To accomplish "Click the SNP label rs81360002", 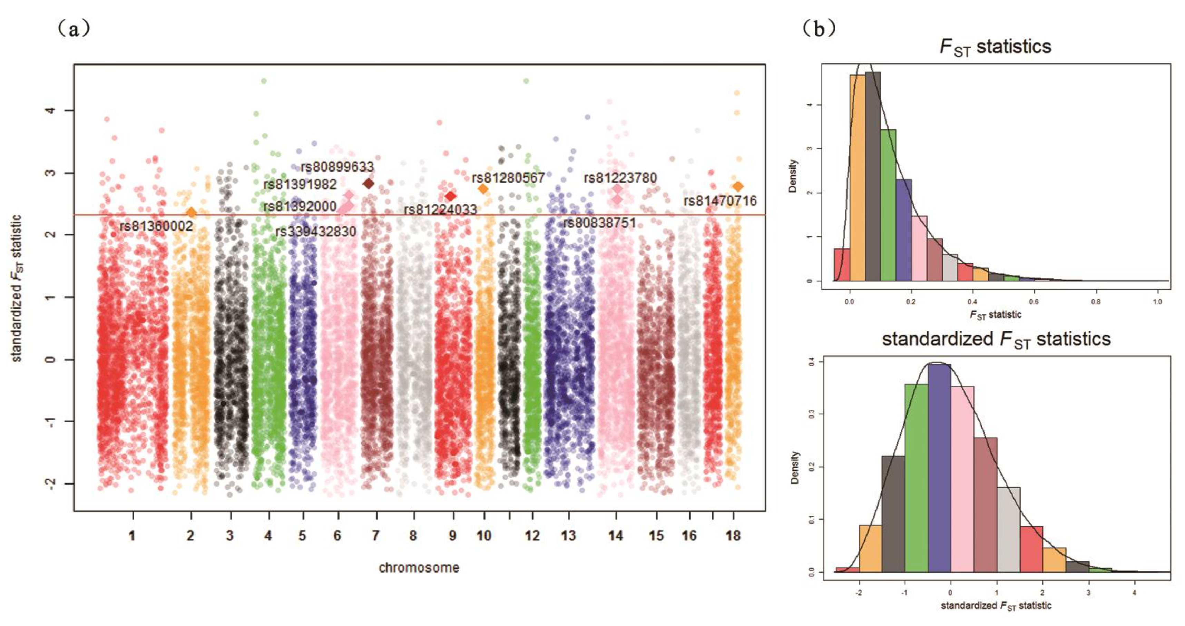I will [156, 226].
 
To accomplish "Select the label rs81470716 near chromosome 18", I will [720, 201].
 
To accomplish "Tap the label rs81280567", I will [508, 177].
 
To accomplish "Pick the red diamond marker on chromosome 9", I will [450, 196].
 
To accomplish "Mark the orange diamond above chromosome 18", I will [738, 186].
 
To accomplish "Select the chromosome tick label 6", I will [337, 536].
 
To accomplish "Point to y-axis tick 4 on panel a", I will [51, 110].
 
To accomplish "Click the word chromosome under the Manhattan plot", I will [419, 568].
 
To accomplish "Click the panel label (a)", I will [74, 29].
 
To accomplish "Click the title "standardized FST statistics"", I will [996, 340].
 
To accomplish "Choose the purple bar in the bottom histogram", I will [939, 469].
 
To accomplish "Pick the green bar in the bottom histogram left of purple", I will [916, 478].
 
